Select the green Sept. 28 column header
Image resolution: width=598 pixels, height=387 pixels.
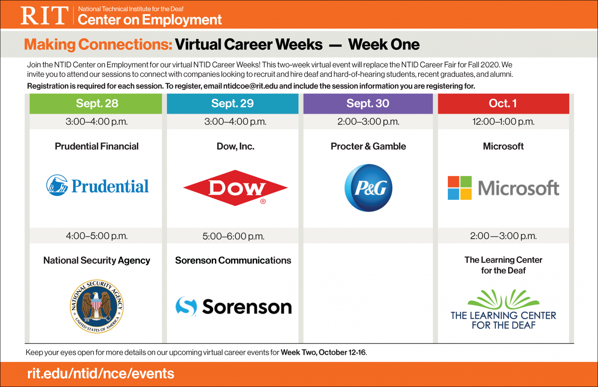tap(96, 103)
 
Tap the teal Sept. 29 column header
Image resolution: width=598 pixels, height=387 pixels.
tap(233, 103)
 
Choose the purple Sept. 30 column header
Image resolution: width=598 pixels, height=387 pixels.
tap(368, 103)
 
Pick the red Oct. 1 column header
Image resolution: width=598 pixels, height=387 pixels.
tap(503, 103)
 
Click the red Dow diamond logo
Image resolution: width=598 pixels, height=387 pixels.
tap(235, 188)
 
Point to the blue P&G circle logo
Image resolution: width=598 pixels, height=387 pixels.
tap(368, 188)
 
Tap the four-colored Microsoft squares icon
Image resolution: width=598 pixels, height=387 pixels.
tap(459, 188)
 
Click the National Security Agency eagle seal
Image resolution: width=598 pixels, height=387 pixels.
tap(97, 306)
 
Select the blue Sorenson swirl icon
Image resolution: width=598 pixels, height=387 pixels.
tap(186, 306)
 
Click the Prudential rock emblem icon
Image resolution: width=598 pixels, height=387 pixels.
tap(57, 185)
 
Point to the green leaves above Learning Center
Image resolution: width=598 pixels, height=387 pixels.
tap(503, 299)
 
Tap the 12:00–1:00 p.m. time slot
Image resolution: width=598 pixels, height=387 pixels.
tap(503, 121)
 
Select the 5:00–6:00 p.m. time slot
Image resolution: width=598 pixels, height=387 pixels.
tap(233, 236)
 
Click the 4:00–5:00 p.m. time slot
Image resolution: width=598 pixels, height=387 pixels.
tap(97, 236)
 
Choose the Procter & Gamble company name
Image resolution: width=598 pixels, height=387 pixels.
tap(368, 146)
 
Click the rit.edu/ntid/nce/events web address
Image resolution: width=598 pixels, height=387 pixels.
tap(101, 373)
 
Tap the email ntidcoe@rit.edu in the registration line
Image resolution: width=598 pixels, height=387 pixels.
tap(250, 86)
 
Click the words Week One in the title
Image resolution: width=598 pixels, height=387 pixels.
tap(384, 44)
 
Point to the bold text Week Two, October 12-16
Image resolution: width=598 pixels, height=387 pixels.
tap(323, 352)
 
